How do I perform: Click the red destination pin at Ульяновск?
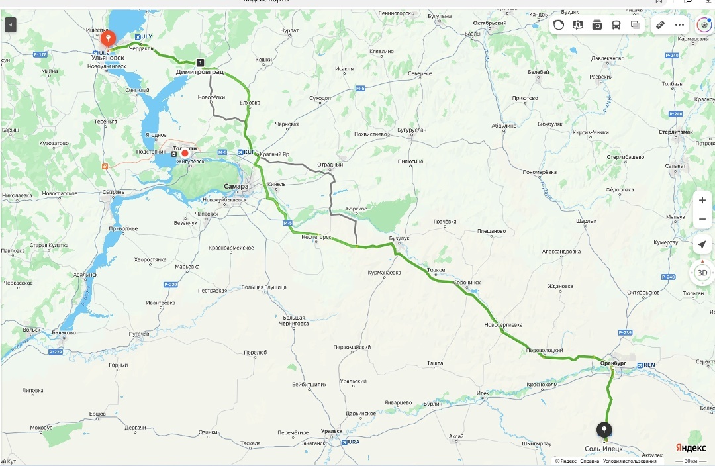point(107,40)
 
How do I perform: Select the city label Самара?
point(236,187)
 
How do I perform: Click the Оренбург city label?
point(613,363)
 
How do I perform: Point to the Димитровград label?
point(199,71)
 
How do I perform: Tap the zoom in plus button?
point(702,200)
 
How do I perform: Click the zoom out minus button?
point(702,219)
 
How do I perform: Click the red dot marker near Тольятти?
point(185,153)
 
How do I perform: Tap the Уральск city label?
point(332,432)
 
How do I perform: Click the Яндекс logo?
point(690,448)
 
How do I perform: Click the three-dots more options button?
point(679,25)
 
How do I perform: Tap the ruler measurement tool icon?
point(659,25)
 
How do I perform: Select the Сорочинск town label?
point(467,283)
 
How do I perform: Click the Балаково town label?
point(64,333)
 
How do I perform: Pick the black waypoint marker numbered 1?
point(200,62)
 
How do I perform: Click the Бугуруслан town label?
point(411,130)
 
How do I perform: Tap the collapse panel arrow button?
point(10,25)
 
